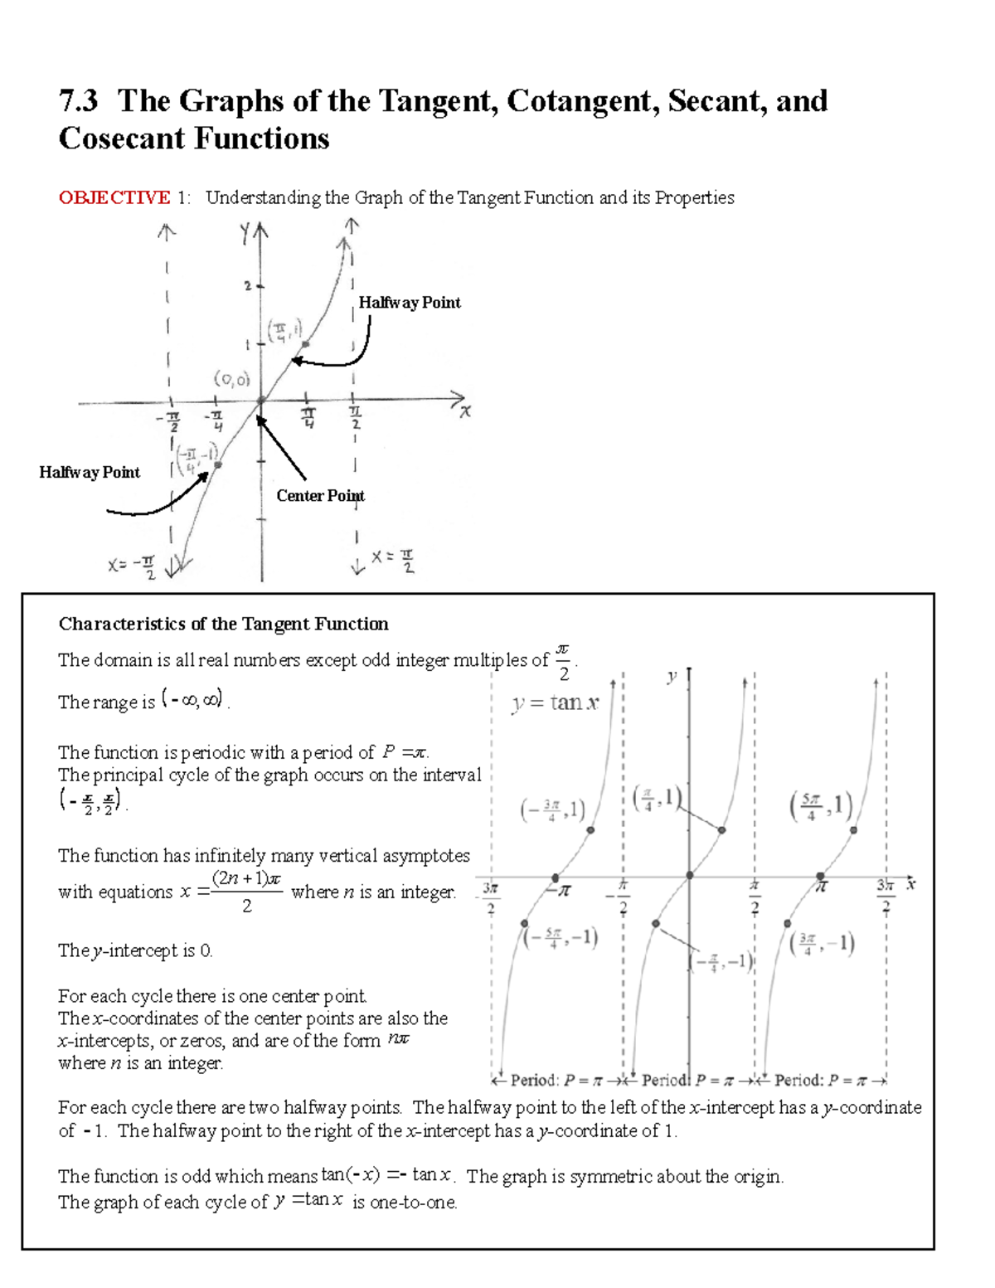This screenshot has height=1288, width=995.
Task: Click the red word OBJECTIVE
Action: (x=114, y=197)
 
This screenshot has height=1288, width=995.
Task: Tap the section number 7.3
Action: (x=78, y=101)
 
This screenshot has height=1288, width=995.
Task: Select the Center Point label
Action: (x=319, y=496)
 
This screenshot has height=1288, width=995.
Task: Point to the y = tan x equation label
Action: (x=554, y=703)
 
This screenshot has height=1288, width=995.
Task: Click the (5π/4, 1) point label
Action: (x=821, y=806)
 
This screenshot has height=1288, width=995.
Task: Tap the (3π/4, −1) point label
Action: (x=821, y=944)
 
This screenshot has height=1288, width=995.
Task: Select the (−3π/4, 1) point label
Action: (x=553, y=809)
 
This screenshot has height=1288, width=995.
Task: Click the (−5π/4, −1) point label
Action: (x=561, y=937)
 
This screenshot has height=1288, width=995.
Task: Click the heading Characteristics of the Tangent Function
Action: (x=223, y=624)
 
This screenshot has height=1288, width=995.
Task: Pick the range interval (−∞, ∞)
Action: (x=192, y=700)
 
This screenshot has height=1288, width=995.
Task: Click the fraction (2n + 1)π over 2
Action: (x=247, y=892)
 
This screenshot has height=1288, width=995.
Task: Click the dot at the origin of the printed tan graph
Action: (x=689, y=876)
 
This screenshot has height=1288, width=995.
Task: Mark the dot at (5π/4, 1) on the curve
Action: (x=853, y=829)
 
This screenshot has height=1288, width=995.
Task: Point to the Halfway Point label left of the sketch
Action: (x=90, y=473)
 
